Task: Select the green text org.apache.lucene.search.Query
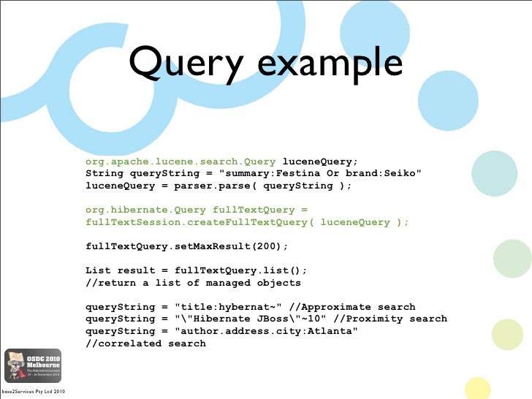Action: pyautogui.click(x=180, y=161)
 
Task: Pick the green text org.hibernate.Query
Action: pyautogui.click(x=145, y=210)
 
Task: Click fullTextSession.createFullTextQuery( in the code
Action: pyautogui.click(x=199, y=221)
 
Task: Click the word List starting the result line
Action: pyautogui.click(x=98, y=270)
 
